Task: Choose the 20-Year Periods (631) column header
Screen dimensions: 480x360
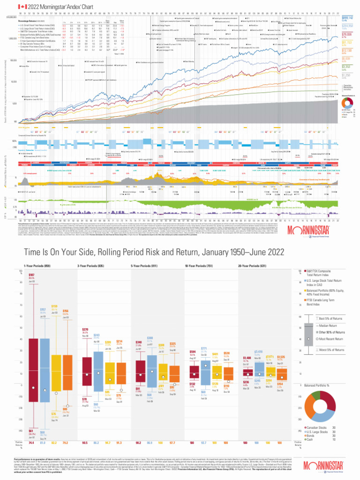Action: (x=251, y=266)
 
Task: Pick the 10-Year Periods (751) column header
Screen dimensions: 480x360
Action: (x=197, y=266)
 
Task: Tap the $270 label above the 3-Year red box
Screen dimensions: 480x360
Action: (x=85, y=330)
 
